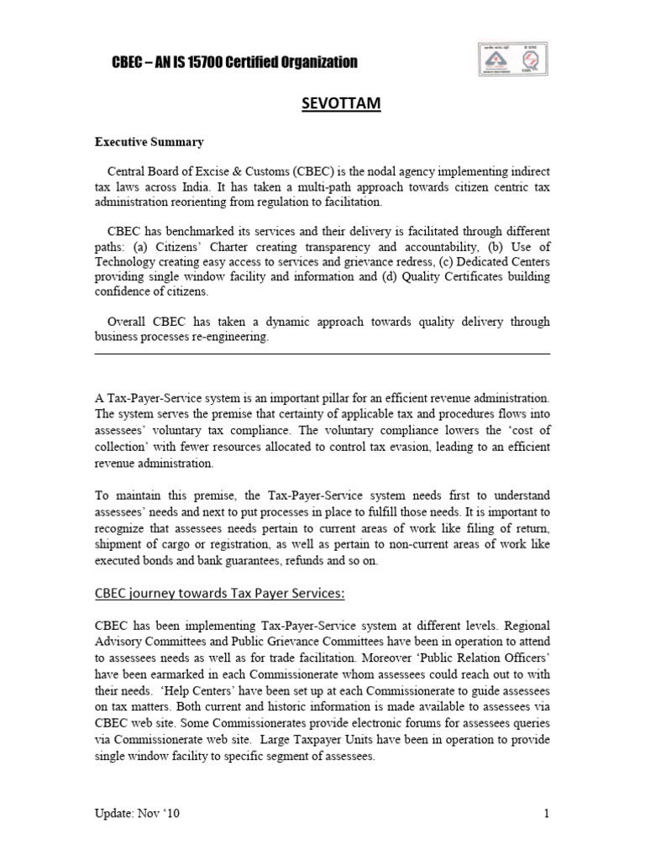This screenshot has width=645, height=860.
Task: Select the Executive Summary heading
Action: (x=148, y=142)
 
